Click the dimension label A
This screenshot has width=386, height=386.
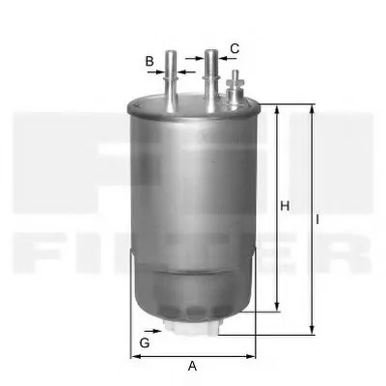[x=192, y=367]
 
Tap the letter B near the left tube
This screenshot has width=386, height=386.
[x=150, y=61]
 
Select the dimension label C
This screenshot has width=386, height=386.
[x=234, y=48]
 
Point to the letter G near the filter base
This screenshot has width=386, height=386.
[x=145, y=344]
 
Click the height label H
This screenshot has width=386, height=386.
[x=285, y=206]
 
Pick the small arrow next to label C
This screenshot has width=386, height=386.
[x=225, y=60]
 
